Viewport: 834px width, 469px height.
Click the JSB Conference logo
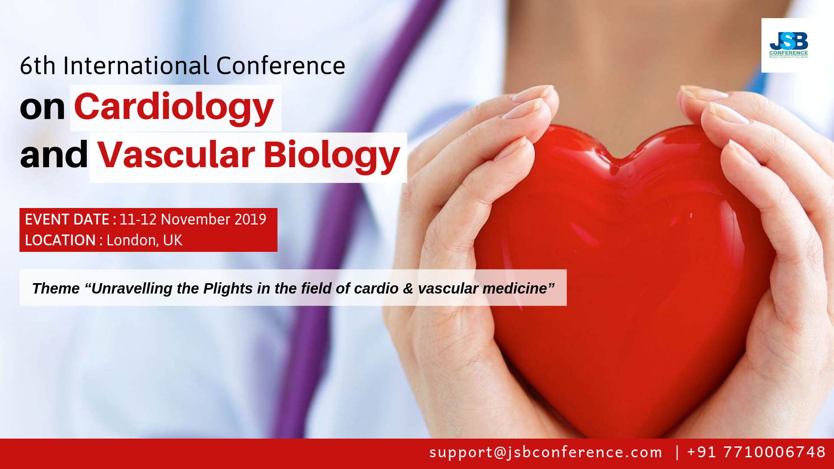click(788, 45)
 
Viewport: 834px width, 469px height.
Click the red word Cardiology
click(174, 108)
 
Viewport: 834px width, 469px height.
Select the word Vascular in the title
click(176, 155)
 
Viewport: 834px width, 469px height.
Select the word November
click(195, 219)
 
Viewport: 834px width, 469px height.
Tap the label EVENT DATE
click(67, 219)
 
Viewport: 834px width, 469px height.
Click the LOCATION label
click(60, 240)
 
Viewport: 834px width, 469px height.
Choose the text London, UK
click(144, 241)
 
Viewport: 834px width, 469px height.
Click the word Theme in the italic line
click(56, 288)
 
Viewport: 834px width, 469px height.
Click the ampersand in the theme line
click(408, 289)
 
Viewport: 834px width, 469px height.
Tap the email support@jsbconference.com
click(546, 452)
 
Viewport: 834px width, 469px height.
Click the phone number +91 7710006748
click(756, 452)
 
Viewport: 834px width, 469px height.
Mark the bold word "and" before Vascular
click(54, 155)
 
